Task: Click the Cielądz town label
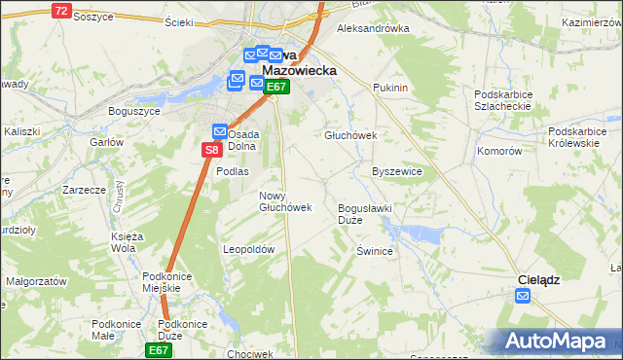click(536, 279)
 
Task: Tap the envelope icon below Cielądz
click(524, 298)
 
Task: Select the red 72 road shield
click(61, 11)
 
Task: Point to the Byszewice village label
click(397, 171)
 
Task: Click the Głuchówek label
click(350, 136)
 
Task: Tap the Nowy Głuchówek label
click(284, 201)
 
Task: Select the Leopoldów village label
click(250, 249)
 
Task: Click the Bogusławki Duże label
click(364, 214)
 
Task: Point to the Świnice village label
click(374, 251)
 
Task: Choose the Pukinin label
click(389, 88)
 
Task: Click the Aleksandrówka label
click(373, 29)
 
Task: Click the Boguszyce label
click(133, 111)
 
